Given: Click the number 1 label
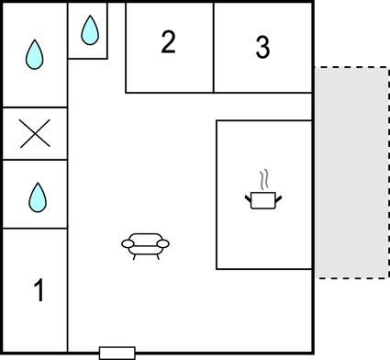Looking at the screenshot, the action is click(x=39, y=291).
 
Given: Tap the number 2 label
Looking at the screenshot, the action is click(x=168, y=42).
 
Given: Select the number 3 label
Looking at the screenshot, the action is click(x=263, y=48).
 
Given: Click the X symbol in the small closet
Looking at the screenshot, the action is click(x=35, y=134).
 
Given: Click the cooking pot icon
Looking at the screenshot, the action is click(x=263, y=198).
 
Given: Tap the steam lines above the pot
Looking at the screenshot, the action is click(x=264, y=177).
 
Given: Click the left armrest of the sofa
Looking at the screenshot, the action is click(x=127, y=243).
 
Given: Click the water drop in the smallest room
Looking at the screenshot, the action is click(x=89, y=31).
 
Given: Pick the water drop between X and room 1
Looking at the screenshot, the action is click(x=37, y=196).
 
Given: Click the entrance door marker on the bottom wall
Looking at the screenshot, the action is click(x=117, y=353).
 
